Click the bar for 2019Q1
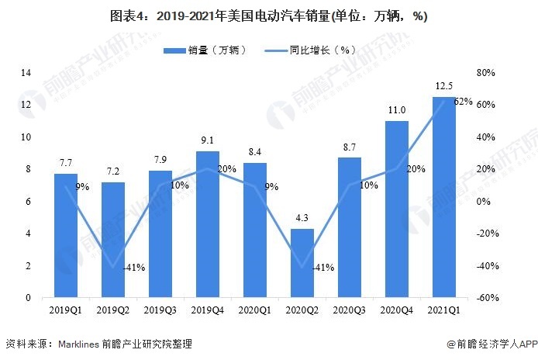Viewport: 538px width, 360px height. (x=66, y=236)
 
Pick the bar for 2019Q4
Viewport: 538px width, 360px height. (x=208, y=224)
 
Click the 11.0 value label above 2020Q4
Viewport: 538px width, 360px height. (x=397, y=110)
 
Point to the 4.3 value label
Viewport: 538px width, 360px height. (x=302, y=218)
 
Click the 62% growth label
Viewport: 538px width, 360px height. (x=463, y=102)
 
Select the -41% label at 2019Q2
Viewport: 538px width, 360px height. (x=133, y=268)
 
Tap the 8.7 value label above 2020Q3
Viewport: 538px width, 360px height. (x=350, y=147)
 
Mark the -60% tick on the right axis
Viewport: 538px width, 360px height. (x=486, y=298)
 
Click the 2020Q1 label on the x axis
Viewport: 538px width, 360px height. (x=255, y=310)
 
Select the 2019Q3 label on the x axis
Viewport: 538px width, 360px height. (x=160, y=310)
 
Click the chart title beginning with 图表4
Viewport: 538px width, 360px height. (x=268, y=16)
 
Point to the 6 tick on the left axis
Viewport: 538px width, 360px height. (x=28, y=202)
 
